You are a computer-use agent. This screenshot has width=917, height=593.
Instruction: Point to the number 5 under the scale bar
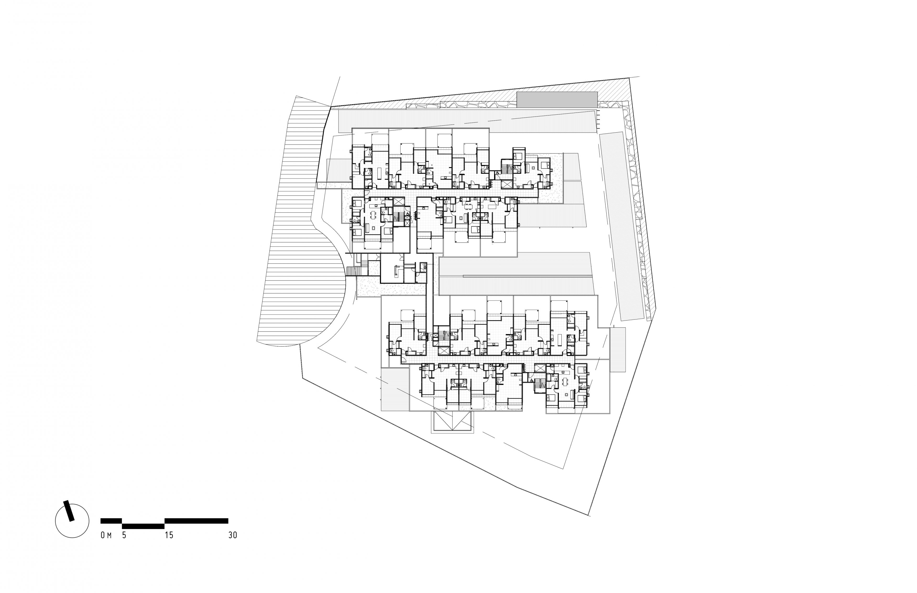click(124, 535)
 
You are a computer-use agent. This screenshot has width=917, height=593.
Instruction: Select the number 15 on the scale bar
click(169, 535)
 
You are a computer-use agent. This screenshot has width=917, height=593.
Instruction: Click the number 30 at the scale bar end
click(232, 535)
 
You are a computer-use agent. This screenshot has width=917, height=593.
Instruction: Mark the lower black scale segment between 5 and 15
click(143, 526)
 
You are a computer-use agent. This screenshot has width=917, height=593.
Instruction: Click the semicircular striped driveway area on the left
click(304, 246)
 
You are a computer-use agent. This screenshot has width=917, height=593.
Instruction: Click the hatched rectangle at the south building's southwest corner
click(395, 389)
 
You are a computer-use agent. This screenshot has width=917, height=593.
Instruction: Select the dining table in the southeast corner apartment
click(566, 382)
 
